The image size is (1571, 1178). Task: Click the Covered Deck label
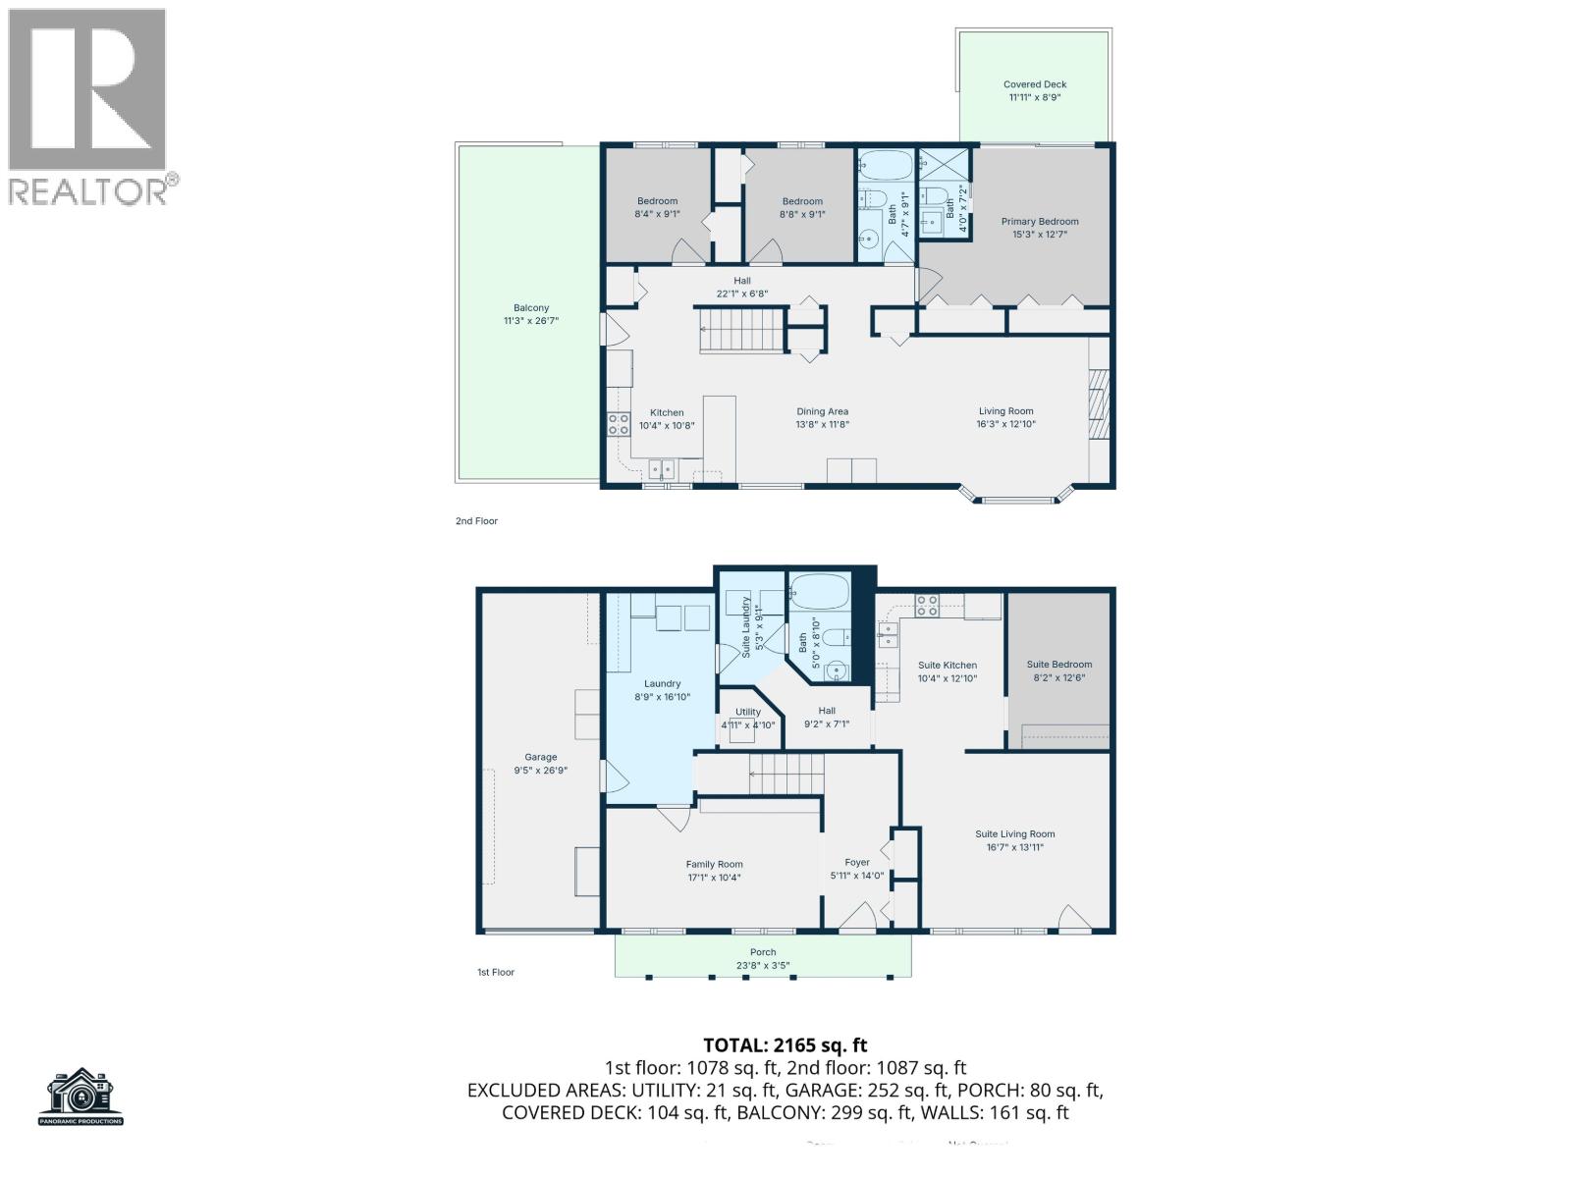(x=1035, y=84)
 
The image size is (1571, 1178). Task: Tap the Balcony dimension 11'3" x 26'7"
(x=530, y=320)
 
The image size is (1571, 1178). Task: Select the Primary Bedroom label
(x=1040, y=222)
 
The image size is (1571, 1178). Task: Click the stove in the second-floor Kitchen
(x=619, y=424)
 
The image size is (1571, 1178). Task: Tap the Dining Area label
(x=822, y=411)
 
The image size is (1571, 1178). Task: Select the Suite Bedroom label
(x=1059, y=665)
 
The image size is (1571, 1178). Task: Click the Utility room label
(x=748, y=712)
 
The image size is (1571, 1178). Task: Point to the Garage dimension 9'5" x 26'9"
(x=541, y=771)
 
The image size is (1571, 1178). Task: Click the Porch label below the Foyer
(x=763, y=952)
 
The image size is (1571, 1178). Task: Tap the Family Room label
(x=715, y=865)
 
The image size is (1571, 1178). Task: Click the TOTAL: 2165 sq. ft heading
(x=785, y=1045)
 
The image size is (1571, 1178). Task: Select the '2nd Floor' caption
(x=476, y=521)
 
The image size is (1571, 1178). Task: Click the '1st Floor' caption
(x=496, y=972)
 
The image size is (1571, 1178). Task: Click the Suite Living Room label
(x=1015, y=834)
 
